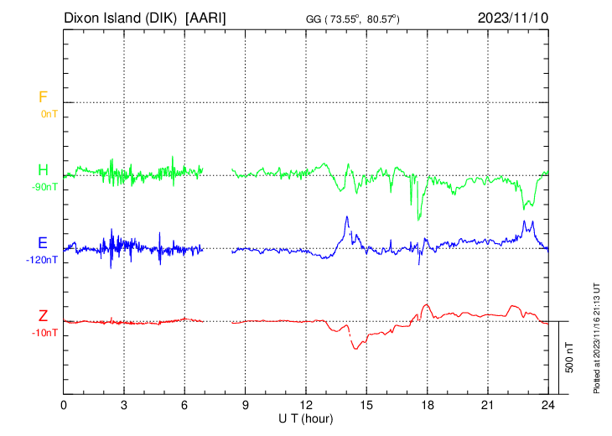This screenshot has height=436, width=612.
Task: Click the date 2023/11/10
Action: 514,18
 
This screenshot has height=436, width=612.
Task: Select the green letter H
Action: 42,170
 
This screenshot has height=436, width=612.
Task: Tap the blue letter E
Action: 42,243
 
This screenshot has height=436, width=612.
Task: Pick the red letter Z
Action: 42,316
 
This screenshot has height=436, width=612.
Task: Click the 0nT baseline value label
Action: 49,113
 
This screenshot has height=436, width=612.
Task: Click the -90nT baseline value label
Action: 45,186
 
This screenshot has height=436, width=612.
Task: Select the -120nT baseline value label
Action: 43,260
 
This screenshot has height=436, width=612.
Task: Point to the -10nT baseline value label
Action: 45,333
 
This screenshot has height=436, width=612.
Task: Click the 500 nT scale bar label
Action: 569,357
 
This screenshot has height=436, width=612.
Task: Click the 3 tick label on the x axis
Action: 124,404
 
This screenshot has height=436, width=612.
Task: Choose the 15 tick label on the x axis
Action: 366,404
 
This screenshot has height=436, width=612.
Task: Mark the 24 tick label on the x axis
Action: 548,404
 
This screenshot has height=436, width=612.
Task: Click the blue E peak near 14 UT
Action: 346,217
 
